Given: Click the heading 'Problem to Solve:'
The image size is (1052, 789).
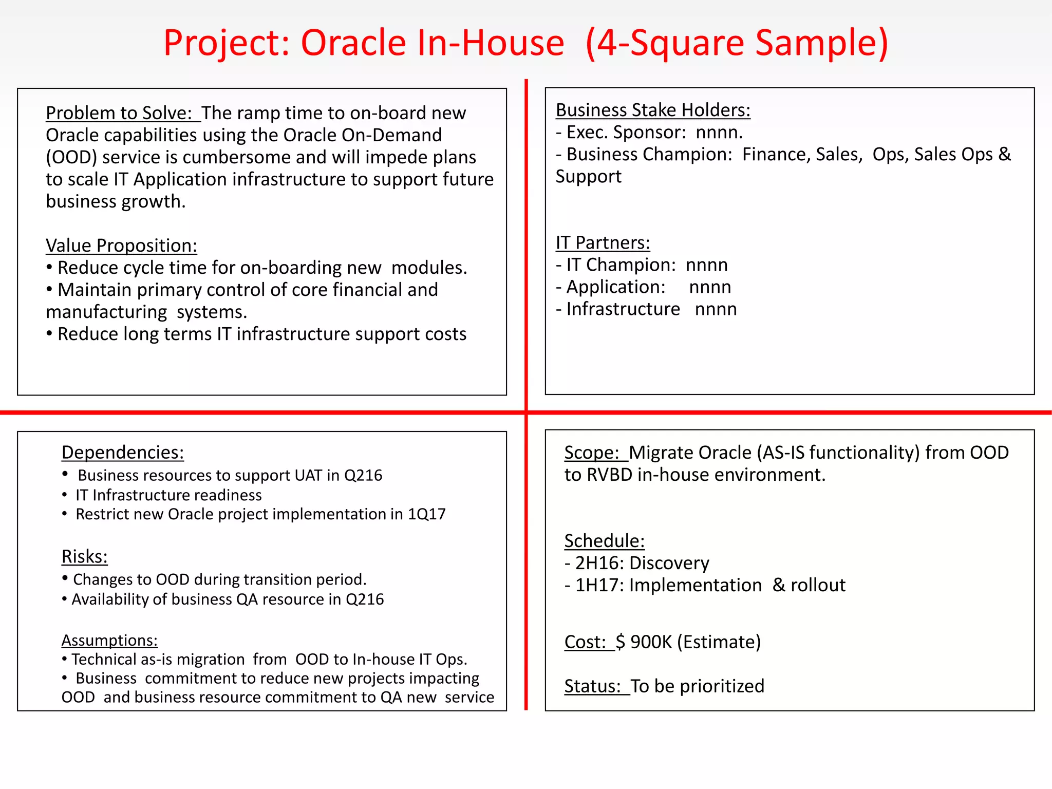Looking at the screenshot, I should pyautogui.click(x=119, y=113).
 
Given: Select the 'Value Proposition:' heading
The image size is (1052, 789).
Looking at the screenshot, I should pyautogui.click(x=121, y=246).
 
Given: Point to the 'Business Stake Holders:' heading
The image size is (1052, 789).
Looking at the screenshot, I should pyautogui.click(x=653, y=110).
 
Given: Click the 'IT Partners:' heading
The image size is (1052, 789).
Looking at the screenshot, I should pyautogui.click(x=603, y=243).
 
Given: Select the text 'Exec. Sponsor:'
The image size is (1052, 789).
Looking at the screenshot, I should pyautogui.click(x=626, y=133).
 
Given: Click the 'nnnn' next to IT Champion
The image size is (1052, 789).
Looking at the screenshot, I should pyautogui.click(x=707, y=265).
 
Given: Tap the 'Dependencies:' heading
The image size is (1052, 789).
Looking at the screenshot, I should pyautogui.click(x=123, y=453).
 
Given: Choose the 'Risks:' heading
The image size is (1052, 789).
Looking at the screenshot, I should pyautogui.click(x=85, y=557).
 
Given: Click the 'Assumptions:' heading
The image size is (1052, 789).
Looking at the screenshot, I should pyautogui.click(x=109, y=641).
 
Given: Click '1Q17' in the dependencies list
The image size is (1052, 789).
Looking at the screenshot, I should pyautogui.click(x=426, y=514).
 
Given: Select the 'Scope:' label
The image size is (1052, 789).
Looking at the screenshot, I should pyautogui.click(x=592, y=453).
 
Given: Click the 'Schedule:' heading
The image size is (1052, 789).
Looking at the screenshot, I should pyautogui.click(x=604, y=541).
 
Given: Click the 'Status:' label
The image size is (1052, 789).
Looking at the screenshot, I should pyautogui.click(x=593, y=686).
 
